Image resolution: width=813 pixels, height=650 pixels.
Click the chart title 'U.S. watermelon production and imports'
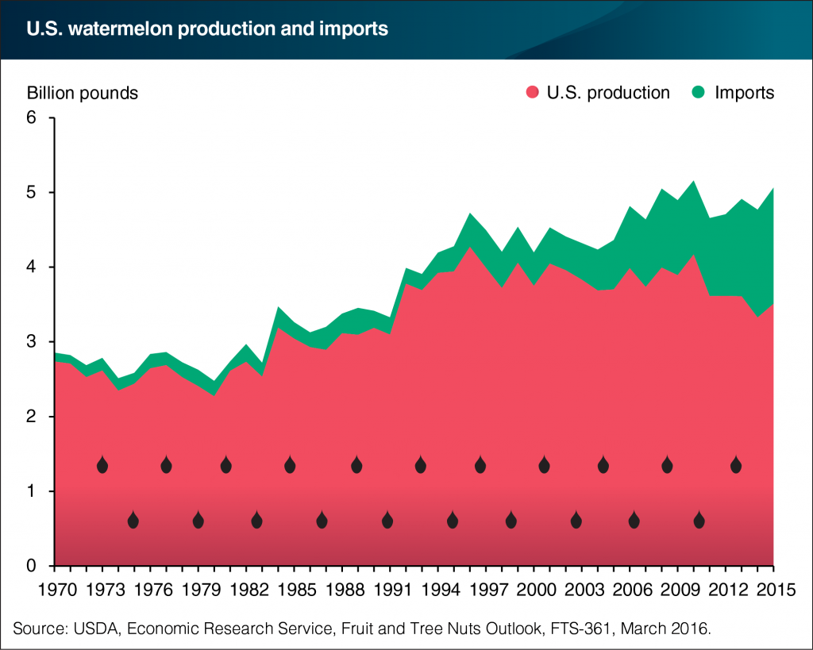tap(207, 30)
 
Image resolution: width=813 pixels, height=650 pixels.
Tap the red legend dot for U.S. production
tap(533, 93)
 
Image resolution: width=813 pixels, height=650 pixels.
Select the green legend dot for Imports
tap(699, 93)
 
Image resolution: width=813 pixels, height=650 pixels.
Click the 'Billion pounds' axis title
tap(83, 93)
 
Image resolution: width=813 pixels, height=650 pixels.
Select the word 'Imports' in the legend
tap(744, 93)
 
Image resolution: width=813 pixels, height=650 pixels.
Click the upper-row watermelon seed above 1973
tap(102, 465)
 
